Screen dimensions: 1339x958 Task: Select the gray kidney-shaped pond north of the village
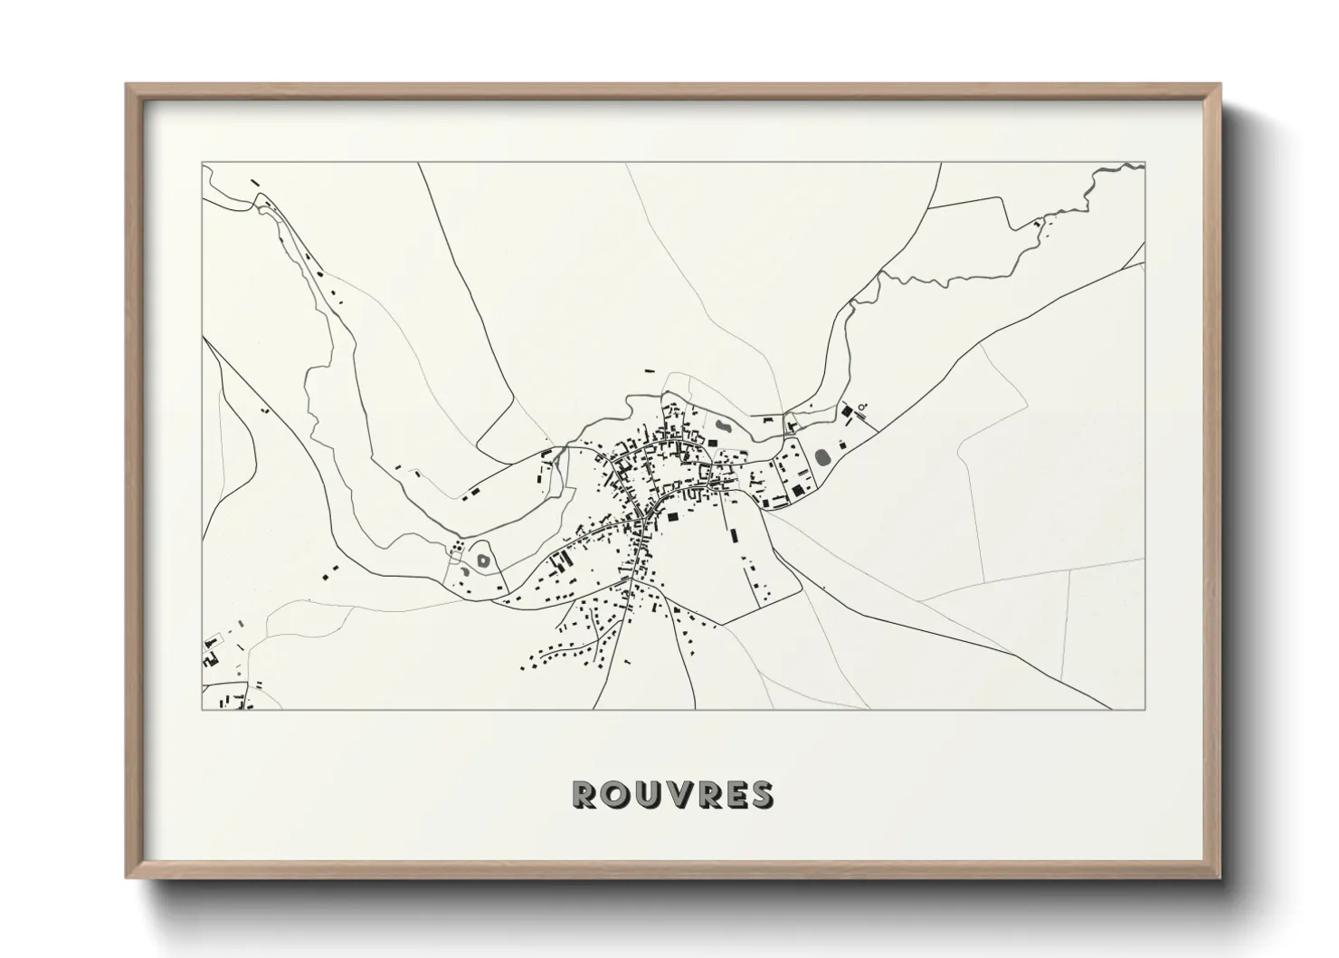723,425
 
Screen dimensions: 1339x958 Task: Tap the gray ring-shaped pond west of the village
482,560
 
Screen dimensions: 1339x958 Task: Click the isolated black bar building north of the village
648,370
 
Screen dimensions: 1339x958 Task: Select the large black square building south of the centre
672,517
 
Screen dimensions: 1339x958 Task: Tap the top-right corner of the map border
1144,164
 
